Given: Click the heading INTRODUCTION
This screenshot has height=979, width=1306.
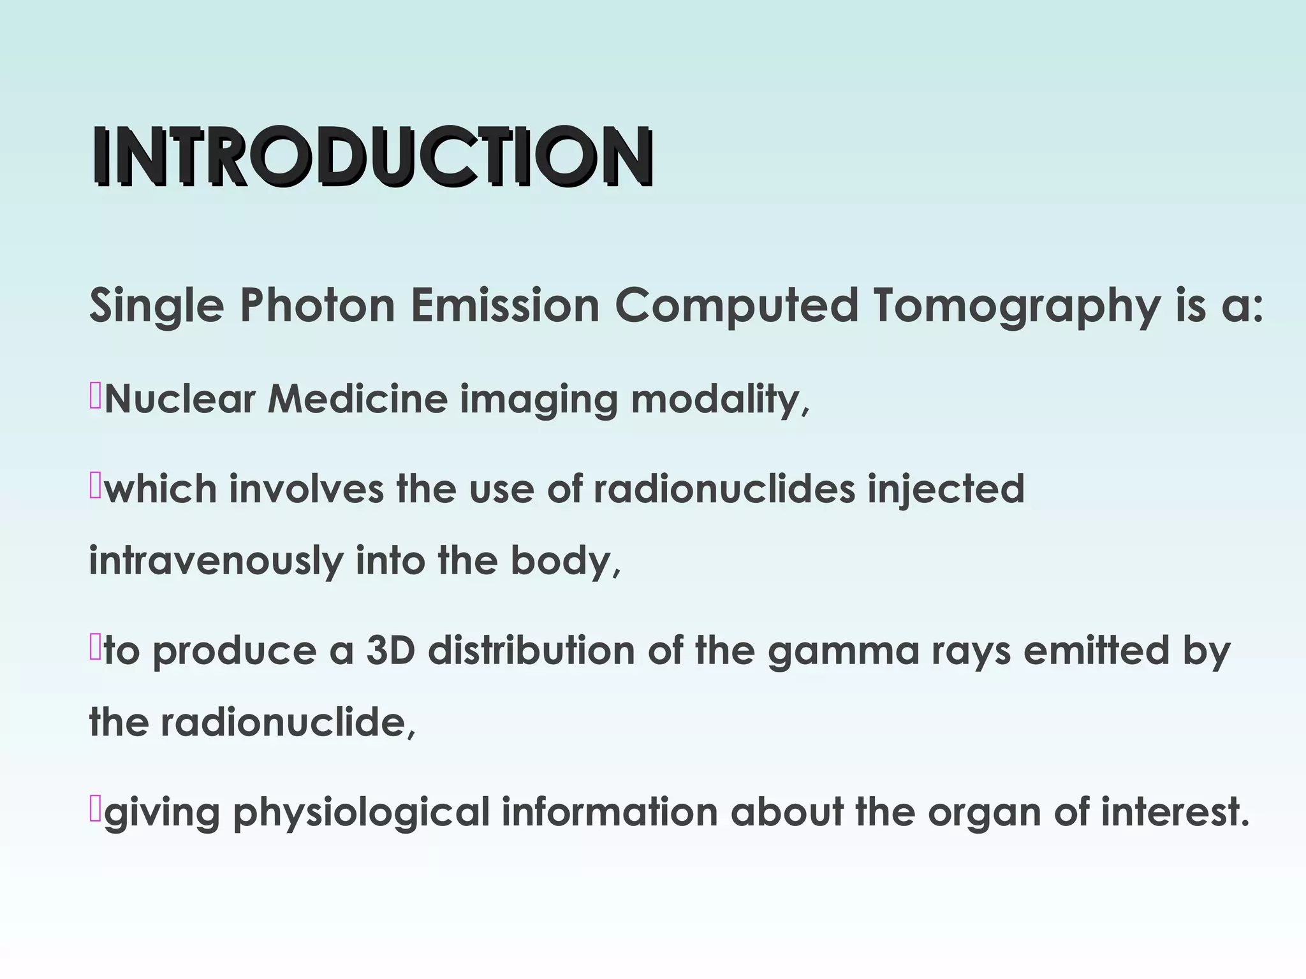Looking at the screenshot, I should [x=373, y=156].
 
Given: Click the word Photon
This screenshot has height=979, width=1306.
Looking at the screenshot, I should [x=317, y=305].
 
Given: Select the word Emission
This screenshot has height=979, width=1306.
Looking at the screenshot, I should [x=504, y=305].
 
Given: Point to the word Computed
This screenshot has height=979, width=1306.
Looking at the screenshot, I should [x=737, y=305].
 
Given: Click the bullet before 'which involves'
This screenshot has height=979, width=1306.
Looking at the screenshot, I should [x=95, y=486].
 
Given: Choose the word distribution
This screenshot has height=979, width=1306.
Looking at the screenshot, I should [x=531, y=651].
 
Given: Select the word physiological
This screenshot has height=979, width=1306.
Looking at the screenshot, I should [x=361, y=813].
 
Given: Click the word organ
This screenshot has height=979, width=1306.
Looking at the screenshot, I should [x=984, y=813].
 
